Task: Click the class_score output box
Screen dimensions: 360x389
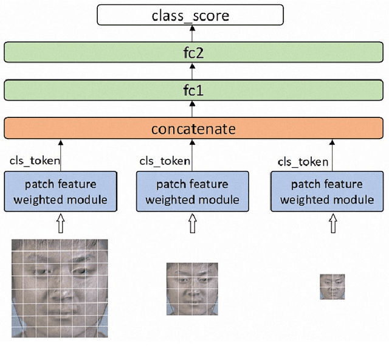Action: [x=190, y=15]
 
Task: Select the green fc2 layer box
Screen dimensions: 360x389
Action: [x=193, y=52]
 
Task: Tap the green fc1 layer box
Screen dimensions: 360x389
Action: [x=193, y=90]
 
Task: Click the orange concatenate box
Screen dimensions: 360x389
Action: [x=193, y=129]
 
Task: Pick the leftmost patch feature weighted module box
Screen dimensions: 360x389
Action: [x=61, y=192]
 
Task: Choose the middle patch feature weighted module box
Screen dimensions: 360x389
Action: [x=192, y=192]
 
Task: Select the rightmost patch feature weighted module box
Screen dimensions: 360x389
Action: [x=327, y=192]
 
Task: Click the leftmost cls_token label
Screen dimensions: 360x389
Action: [x=35, y=161]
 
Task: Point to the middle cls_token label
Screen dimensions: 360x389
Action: [x=165, y=161]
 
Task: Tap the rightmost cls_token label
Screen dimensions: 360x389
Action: [x=303, y=162]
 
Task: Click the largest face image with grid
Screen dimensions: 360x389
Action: [x=60, y=288]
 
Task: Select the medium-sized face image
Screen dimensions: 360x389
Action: [x=192, y=289]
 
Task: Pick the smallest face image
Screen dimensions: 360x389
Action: [x=332, y=286]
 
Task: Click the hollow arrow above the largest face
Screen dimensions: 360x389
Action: [x=60, y=225]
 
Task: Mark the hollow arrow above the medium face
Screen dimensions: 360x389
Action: [x=193, y=225]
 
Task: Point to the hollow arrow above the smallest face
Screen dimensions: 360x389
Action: [x=332, y=225]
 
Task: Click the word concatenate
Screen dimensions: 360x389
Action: [x=193, y=129]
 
